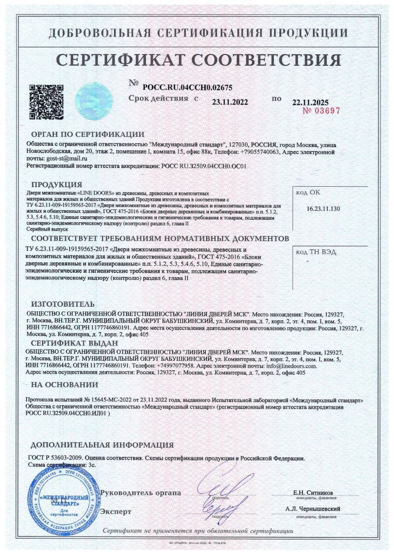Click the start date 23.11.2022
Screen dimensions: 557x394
pos(229,103)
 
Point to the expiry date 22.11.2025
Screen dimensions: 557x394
pos(310,103)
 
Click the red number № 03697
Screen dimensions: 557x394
pos(321,111)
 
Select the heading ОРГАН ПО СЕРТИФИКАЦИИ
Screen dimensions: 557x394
pos(88,134)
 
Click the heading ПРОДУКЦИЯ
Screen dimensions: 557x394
pos(57,185)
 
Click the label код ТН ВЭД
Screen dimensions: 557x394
pos(316,252)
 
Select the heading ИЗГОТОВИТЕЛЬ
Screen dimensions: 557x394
pos(63,304)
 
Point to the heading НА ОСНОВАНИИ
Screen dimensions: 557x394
pos(64,385)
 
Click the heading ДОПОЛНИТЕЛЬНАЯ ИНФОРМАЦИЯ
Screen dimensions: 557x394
pos(102,445)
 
